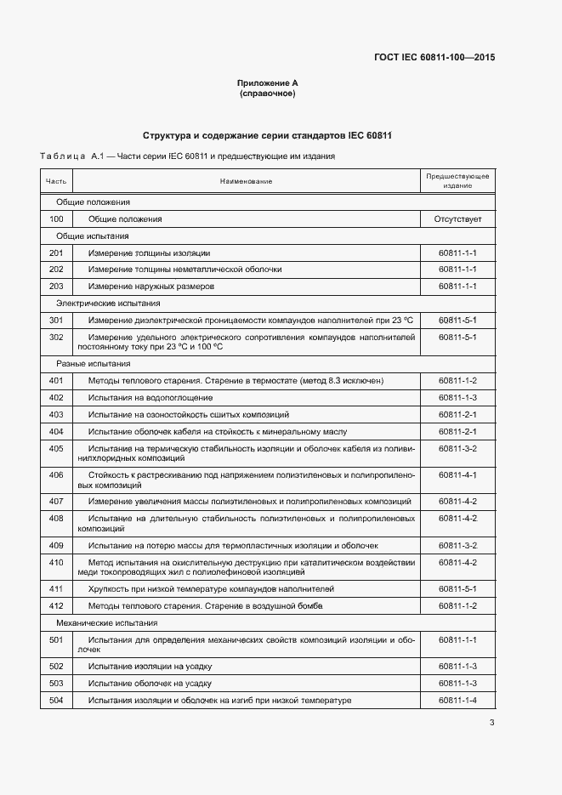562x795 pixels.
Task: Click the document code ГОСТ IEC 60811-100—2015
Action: (434, 58)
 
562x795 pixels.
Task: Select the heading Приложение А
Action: (268, 83)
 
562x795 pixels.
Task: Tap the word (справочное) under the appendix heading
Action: (268, 94)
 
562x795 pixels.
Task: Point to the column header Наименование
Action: (246, 181)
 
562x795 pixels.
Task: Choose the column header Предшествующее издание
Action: (457, 181)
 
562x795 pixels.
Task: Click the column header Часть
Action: (56, 181)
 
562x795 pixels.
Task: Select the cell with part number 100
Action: (56, 219)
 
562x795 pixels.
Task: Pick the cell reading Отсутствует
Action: (457, 219)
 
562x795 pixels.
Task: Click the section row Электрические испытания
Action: (108, 304)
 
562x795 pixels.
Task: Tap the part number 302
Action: (56, 337)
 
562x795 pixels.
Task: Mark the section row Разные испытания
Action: (95, 363)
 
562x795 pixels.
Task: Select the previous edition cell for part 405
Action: (457, 448)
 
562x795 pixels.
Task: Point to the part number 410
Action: (56, 562)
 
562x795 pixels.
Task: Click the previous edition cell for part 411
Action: (457, 588)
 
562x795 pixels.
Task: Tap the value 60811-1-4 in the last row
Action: (457, 700)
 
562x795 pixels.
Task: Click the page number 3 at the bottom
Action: (491, 724)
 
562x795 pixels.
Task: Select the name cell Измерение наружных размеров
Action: (151, 287)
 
